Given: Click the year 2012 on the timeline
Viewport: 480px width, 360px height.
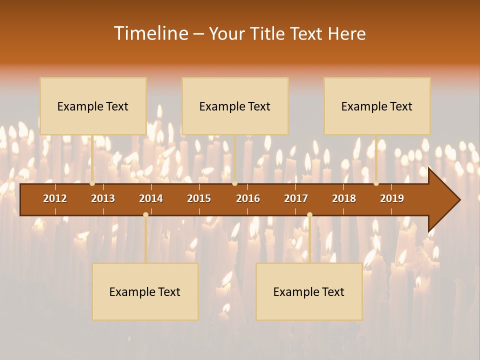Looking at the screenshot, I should (55, 198).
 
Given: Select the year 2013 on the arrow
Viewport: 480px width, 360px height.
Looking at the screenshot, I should (103, 198).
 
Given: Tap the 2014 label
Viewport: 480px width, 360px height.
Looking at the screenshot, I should (151, 198).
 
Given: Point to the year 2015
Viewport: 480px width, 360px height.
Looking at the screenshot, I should (199, 198).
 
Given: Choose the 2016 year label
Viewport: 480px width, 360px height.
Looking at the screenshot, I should (248, 198).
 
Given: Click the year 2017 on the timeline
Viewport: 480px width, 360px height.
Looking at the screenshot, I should (296, 198).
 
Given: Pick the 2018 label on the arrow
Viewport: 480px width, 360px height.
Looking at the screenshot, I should (344, 198).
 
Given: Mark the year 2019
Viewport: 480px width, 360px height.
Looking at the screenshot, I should (392, 198).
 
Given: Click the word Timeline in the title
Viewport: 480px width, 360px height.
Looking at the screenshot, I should (150, 33).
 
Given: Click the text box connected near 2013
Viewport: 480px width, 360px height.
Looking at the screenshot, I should (93, 106).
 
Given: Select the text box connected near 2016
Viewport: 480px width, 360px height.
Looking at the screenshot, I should (235, 106).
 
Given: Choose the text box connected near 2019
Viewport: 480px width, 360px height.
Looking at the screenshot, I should (377, 106).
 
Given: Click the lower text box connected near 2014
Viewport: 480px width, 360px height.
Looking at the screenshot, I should (145, 291).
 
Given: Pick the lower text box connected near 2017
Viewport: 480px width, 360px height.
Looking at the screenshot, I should (309, 291).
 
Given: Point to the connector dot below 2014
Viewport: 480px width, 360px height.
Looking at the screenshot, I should (145, 214).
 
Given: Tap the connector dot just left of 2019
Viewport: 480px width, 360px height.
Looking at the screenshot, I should (376, 183).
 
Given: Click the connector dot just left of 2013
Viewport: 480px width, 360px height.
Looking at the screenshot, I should (92, 183).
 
